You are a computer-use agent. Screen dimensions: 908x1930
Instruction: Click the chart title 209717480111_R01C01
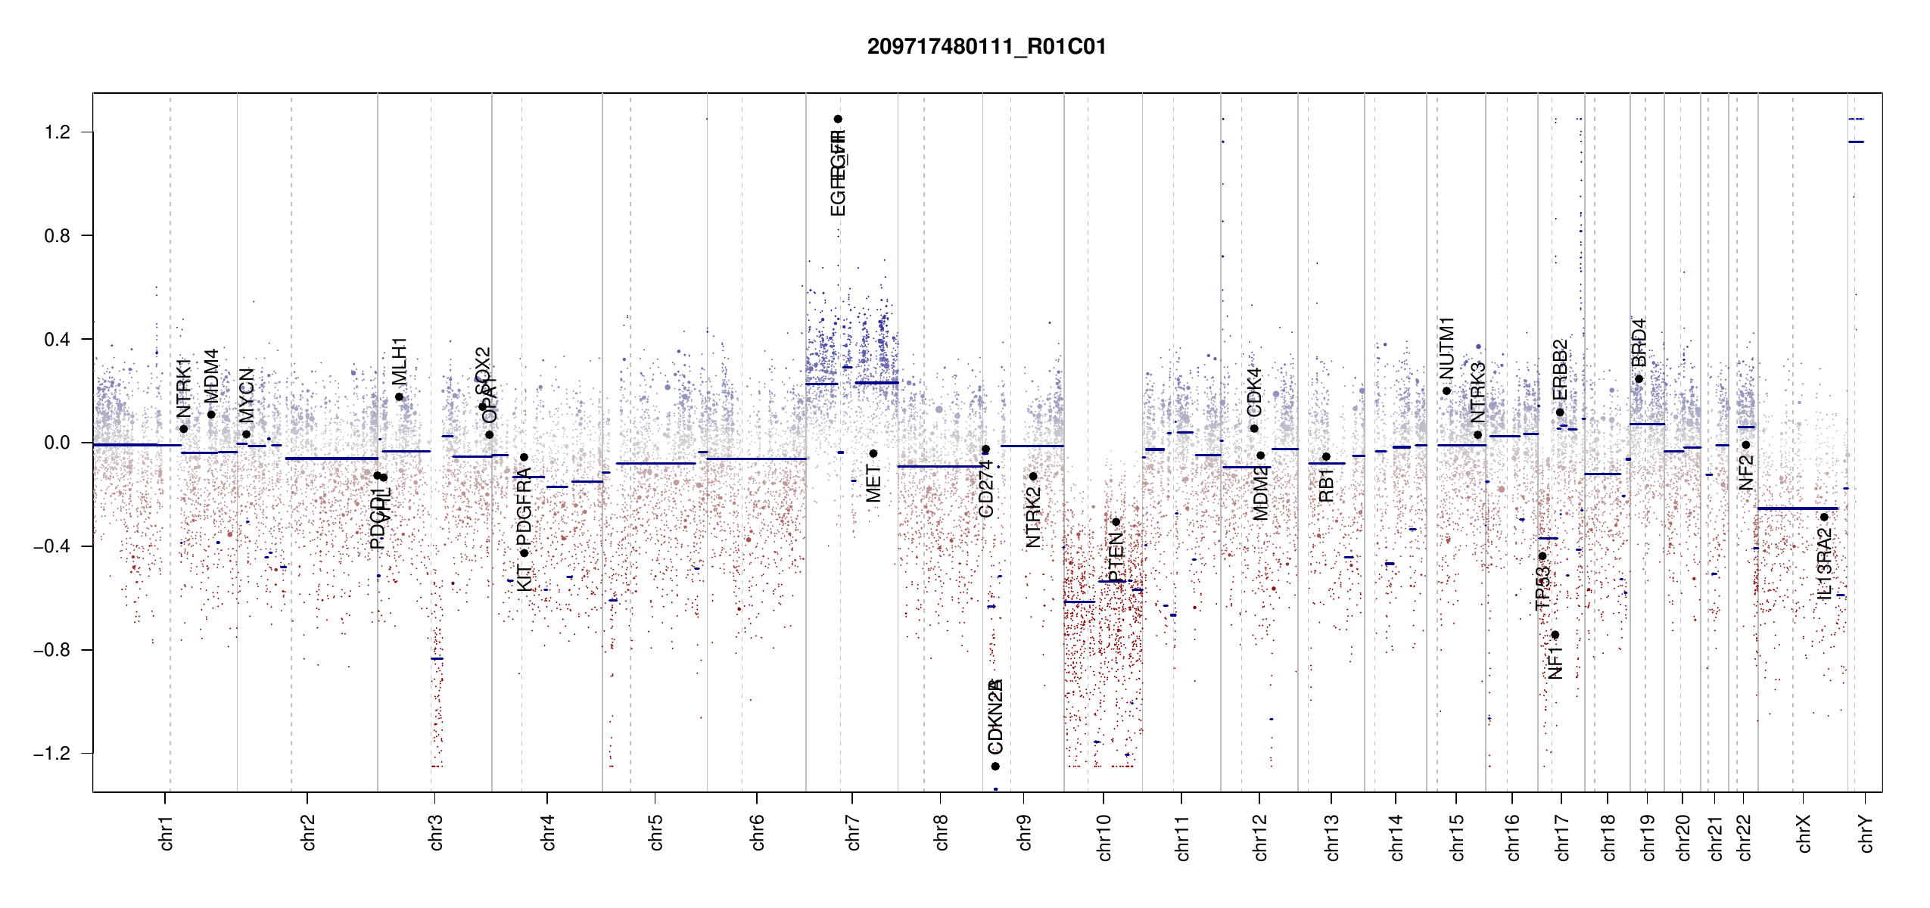pos(986,47)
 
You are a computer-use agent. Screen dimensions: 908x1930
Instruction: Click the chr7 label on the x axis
pos(853,832)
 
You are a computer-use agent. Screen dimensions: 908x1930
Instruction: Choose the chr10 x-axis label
pos(1104,837)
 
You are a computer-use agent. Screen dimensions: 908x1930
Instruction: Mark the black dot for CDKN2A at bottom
pos(995,767)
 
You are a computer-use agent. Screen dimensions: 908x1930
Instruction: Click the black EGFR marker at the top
pos(838,119)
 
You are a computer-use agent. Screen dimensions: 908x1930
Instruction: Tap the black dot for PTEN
pos(1116,522)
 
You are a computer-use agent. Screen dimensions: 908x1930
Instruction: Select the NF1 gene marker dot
pos(1555,635)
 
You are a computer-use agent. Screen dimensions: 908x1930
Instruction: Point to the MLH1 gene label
pos(400,361)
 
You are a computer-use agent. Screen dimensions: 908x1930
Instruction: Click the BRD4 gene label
pos(1639,343)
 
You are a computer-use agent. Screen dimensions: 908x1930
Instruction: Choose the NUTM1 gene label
pos(1446,348)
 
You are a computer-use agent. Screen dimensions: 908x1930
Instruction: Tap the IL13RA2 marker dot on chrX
pos(1824,518)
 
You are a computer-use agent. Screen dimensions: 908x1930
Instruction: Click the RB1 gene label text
pos(1326,485)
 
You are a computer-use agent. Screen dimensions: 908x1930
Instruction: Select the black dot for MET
pos(873,454)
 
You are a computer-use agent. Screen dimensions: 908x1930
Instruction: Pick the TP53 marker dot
pos(1542,556)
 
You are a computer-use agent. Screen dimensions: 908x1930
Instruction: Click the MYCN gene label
pos(247,396)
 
